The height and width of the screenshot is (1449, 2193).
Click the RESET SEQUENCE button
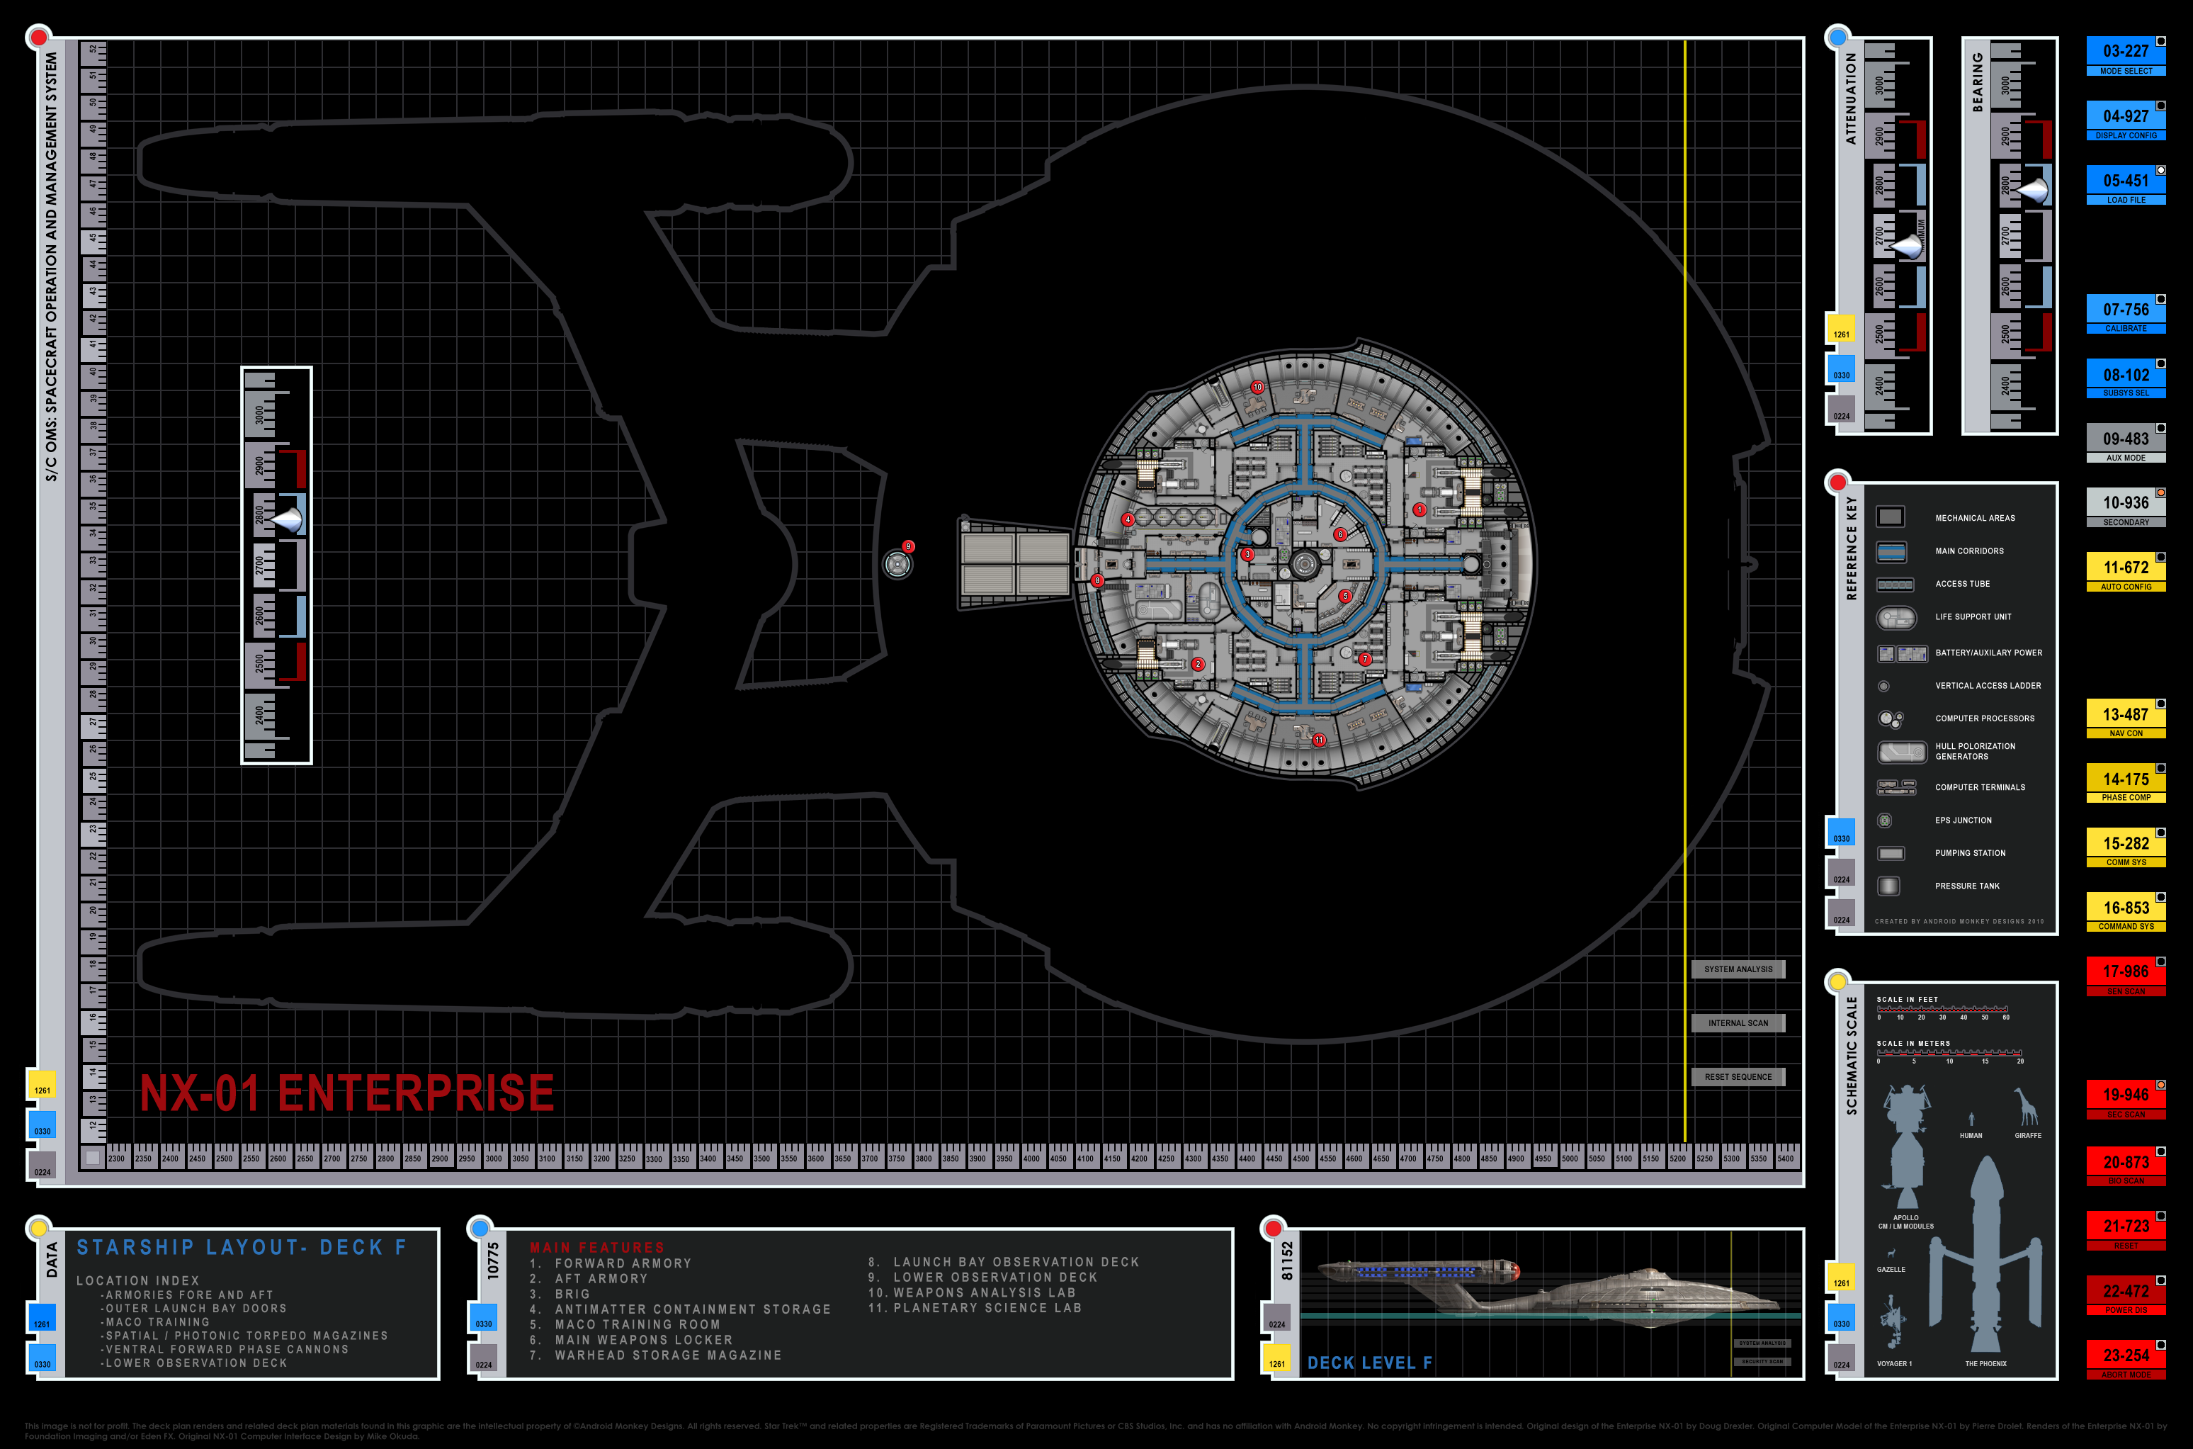click(1738, 1076)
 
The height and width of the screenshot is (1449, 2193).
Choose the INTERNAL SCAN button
click(1738, 1023)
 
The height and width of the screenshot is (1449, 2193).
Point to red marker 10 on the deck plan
click(1257, 387)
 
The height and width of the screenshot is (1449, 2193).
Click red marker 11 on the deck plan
click(1319, 739)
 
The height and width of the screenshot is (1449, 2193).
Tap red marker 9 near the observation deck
click(908, 546)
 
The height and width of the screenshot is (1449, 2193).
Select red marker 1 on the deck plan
click(1419, 509)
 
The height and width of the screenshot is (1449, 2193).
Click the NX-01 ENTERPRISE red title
click(346, 1093)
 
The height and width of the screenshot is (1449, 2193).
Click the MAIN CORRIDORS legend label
click(1968, 551)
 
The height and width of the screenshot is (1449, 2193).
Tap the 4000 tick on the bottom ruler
click(1031, 1158)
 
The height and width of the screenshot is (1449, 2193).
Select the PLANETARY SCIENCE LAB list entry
click(986, 1307)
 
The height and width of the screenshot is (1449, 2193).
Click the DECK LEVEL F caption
click(1369, 1362)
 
